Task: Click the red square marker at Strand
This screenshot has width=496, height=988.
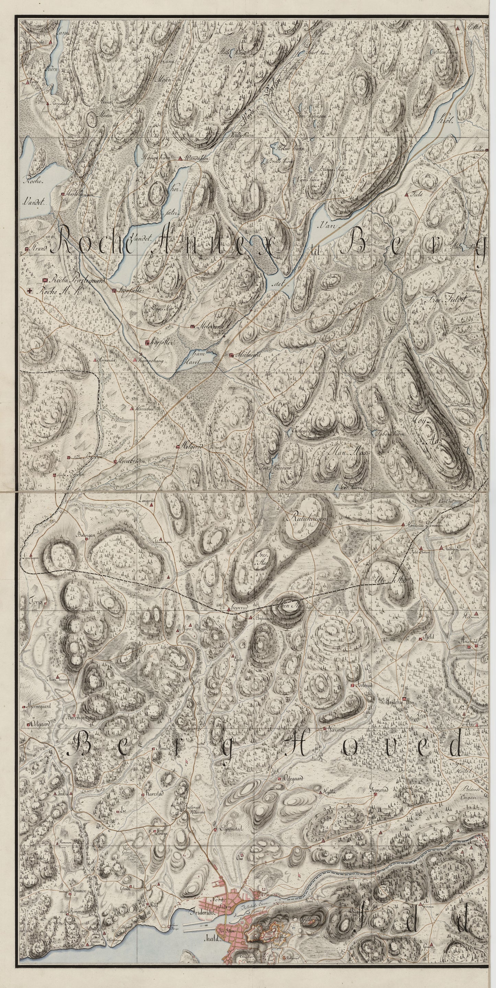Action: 26,249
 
